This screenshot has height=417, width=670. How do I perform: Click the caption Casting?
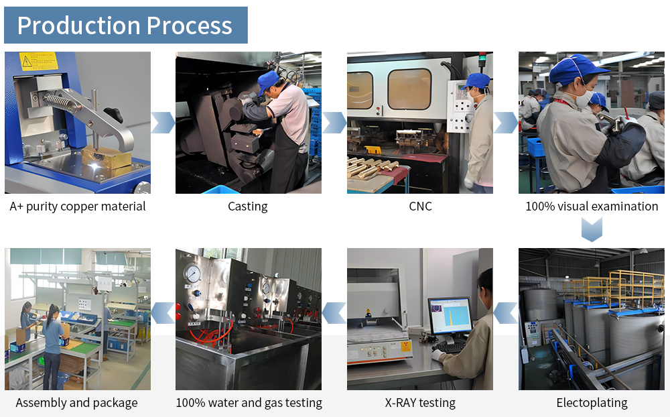tap(247, 206)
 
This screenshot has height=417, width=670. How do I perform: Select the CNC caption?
tap(420, 206)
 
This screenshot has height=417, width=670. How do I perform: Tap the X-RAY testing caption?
tap(420, 403)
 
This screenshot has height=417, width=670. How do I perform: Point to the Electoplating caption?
tap(592, 403)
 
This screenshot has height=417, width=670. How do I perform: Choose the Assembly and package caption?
tap(76, 403)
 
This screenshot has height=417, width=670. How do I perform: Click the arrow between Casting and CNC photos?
tap(334, 123)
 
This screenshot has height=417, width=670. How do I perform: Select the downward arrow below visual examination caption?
tap(592, 229)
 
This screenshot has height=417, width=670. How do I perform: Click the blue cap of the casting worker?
tap(268, 81)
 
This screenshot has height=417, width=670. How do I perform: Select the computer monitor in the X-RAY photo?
tap(449, 315)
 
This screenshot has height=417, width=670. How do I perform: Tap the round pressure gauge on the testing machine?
tap(193, 273)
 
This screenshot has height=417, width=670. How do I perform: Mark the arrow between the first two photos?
tap(163, 123)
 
